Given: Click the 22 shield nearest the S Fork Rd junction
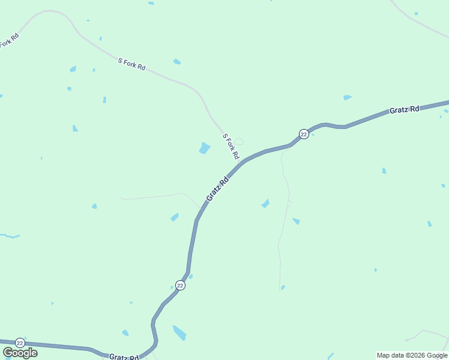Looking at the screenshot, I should pos(304,134).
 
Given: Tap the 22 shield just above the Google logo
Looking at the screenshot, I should pos(20,342).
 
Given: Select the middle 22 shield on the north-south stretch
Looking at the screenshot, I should pos(180,285).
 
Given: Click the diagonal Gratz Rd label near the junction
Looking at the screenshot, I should pos(217,189).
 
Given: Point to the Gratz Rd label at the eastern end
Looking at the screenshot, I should pos(404,110).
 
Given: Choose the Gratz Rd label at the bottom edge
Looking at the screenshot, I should pos(124,357).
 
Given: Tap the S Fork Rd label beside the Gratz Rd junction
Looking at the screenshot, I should pos(231,147).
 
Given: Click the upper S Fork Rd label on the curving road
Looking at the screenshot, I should pos(131,64).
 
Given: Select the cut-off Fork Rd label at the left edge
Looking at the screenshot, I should pos(9,41).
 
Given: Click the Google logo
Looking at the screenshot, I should pos(20,353).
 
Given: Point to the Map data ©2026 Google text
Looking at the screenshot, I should pos(412,355).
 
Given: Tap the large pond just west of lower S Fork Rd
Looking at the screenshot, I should pos(205,148).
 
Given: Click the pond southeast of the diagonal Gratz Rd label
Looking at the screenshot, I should pos(265,204).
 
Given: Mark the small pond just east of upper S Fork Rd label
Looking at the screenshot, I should pos(177,61).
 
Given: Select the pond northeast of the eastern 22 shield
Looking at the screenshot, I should pos(347,97).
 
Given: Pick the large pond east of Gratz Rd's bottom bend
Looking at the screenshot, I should pos(179,332).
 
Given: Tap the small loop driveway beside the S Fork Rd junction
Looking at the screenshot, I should pos(238,142).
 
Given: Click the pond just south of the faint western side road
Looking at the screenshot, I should pos(175,217).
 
